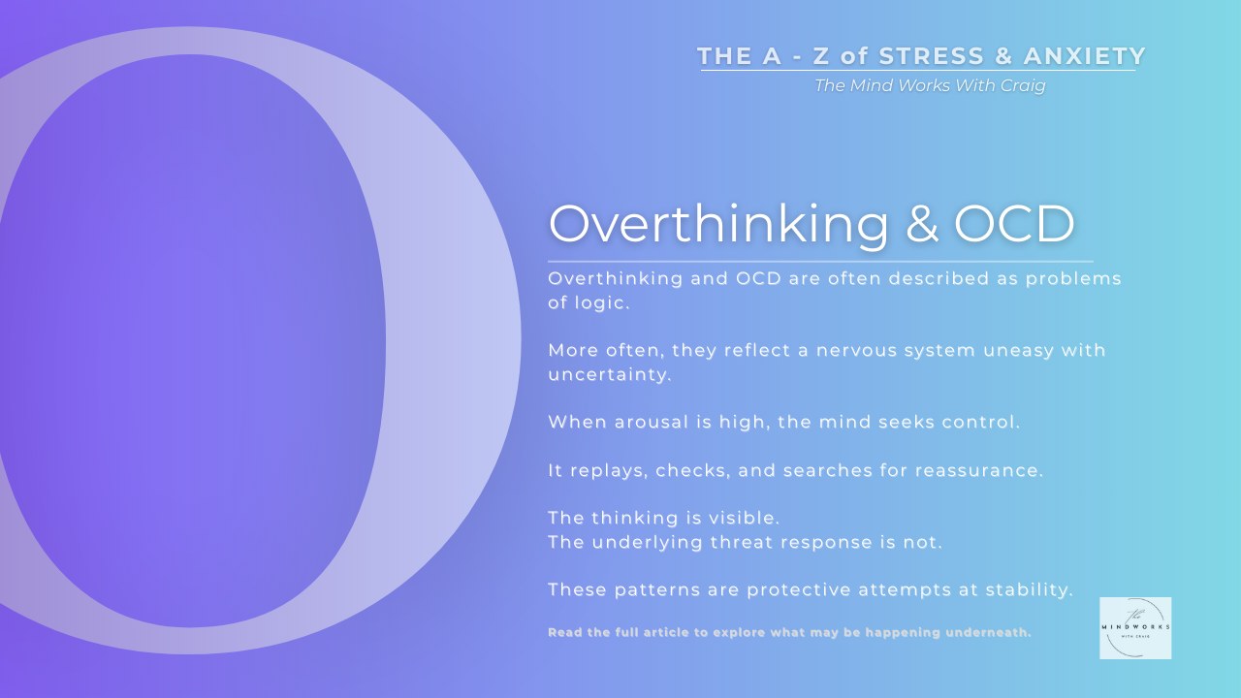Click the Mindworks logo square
tap(1135, 628)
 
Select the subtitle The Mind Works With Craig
tap(930, 85)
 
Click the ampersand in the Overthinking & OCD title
tap(921, 224)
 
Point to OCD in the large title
tap(1014, 224)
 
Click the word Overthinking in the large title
tap(718, 224)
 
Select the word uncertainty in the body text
tap(610, 374)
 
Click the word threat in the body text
tap(771, 542)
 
